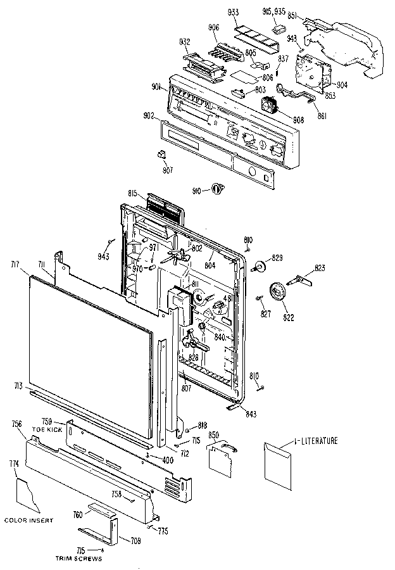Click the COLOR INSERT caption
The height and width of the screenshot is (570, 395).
(x=28, y=520)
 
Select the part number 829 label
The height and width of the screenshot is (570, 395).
(x=277, y=258)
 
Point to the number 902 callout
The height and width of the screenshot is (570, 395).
(x=149, y=115)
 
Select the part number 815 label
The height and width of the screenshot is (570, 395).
(x=133, y=193)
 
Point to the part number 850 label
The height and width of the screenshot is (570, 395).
(x=214, y=436)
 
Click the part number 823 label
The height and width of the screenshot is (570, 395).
(x=320, y=269)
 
